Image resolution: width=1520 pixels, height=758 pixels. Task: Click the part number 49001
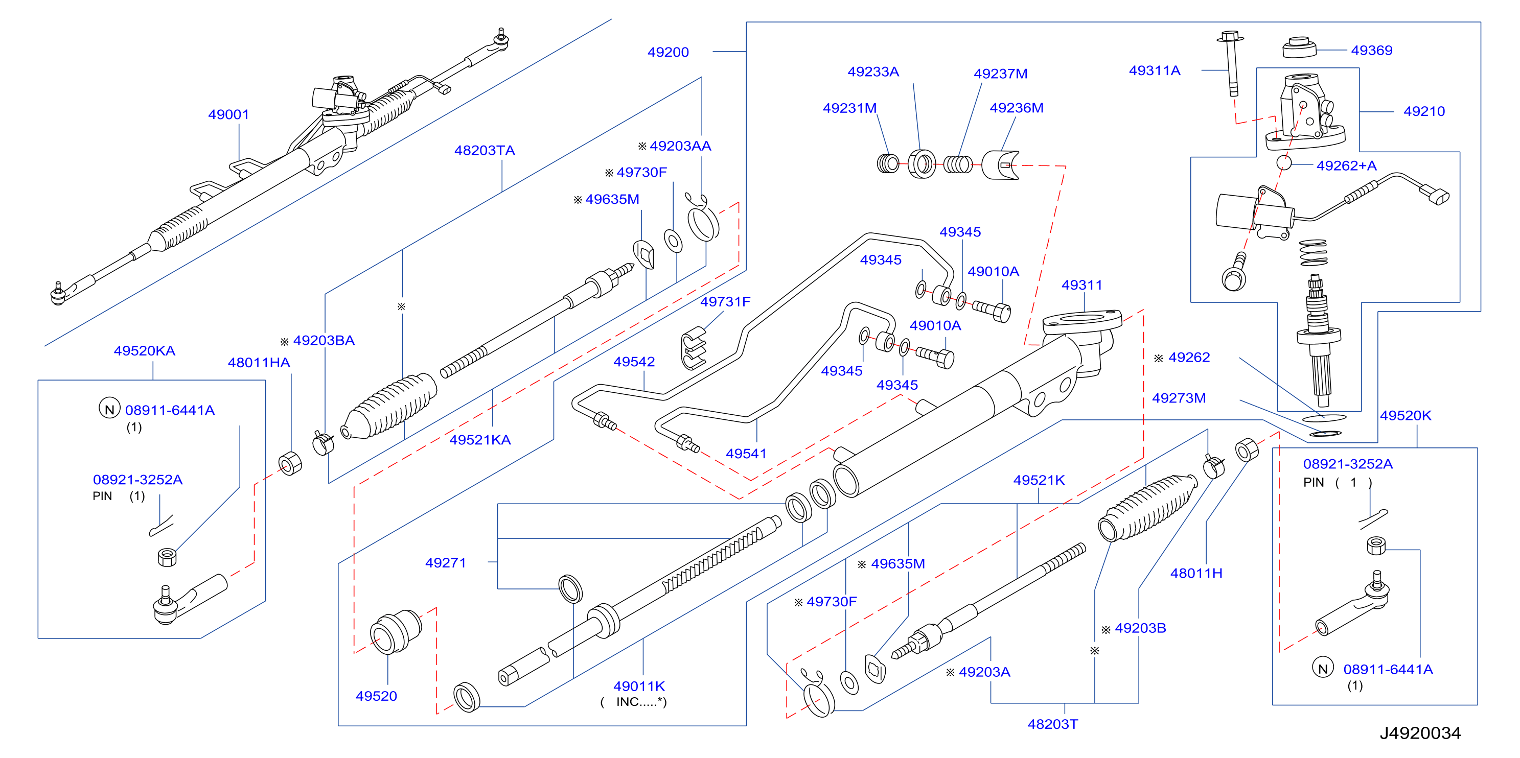228,114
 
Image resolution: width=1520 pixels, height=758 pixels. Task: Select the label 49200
668,52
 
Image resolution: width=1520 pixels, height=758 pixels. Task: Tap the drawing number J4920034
1420,733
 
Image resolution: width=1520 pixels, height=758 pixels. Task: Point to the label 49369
1371,50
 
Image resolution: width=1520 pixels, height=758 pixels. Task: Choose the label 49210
1424,111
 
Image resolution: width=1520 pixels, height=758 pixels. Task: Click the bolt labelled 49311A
1231,63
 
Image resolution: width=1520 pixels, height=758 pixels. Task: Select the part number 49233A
873,72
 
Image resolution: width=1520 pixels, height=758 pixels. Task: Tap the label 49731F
725,301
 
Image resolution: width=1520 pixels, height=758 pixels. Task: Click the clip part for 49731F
694,348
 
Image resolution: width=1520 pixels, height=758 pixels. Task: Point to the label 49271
446,563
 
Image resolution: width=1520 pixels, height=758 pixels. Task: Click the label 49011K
639,686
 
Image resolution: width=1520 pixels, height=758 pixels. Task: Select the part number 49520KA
145,351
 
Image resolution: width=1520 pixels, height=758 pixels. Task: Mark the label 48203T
1053,724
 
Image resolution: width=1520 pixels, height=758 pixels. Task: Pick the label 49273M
1179,398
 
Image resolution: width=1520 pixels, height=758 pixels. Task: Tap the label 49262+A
1347,166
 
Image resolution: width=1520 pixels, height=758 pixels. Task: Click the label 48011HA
259,363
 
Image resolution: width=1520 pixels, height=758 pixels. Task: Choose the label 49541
746,454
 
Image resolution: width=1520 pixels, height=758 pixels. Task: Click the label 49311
1081,285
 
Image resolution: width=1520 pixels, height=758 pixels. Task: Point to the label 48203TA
485,150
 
